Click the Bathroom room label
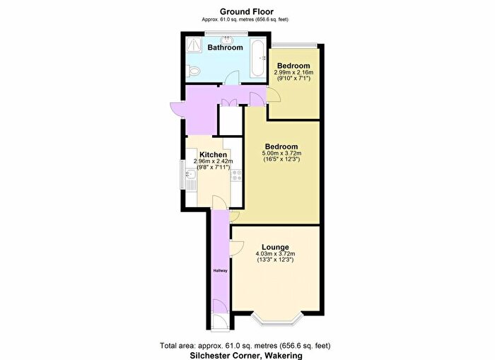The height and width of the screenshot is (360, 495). pos(225,47)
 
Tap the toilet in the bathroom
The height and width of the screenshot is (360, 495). pos(193,71)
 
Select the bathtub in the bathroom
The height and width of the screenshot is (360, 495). pos(258,57)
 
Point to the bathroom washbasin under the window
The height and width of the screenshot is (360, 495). pos(226,40)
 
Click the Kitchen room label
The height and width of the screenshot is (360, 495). pos(213,155)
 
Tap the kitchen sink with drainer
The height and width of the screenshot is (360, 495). pos(191,180)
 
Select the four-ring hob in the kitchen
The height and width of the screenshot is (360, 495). pos(236,175)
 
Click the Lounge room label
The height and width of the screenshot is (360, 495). pos(275,247)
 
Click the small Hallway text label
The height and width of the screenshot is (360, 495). pos(221,271)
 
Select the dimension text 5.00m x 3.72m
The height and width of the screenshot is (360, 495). pos(281,153)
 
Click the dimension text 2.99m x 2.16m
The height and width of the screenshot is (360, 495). pos(293,72)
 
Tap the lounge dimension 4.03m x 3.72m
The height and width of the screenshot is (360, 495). pos(275,254)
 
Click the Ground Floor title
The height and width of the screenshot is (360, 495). pos(247,12)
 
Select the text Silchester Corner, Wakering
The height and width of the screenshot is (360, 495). pos(246,355)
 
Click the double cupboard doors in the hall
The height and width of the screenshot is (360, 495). pos(228,103)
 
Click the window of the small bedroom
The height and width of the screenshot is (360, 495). pos(294,45)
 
